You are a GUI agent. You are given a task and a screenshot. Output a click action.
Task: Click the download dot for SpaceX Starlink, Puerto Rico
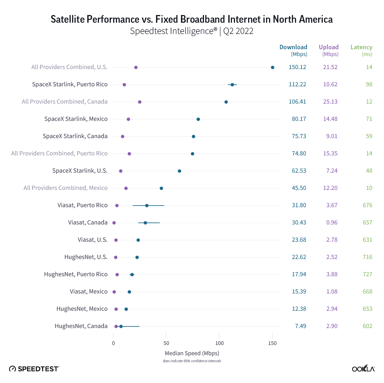(232, 85)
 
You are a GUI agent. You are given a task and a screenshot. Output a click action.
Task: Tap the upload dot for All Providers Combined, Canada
(140, 102)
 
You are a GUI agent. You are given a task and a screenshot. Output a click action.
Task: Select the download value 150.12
(297, 67)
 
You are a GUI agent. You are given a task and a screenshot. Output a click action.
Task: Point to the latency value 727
(367, 274)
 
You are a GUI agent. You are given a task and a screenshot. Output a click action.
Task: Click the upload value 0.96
(332, 223)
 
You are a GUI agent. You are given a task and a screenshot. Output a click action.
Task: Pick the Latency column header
(361, 47)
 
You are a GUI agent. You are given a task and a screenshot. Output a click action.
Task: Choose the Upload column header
(329, 47)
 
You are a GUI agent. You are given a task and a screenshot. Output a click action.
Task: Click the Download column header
(293, 47)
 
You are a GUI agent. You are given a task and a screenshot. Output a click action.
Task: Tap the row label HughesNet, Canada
(81, 326)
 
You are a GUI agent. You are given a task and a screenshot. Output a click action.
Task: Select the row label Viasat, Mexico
(89, 292)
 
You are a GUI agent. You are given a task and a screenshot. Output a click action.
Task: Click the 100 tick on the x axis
(219, 343)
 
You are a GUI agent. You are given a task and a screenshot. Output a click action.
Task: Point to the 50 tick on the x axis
(166, 343)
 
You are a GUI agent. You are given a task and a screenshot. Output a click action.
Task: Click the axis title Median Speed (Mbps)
(192, 353)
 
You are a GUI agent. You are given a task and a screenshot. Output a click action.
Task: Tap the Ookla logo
(363, 369)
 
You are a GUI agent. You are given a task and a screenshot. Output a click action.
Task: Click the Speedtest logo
(34, 369)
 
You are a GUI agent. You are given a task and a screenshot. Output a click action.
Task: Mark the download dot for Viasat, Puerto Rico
(147, 206)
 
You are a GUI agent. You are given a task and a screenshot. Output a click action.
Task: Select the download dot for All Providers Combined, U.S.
(272, 67)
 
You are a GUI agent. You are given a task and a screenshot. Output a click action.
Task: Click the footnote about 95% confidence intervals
(192, 361)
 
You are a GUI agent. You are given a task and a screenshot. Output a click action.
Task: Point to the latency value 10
(369, 188)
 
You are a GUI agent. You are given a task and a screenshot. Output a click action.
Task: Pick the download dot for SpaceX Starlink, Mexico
(198, 119)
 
